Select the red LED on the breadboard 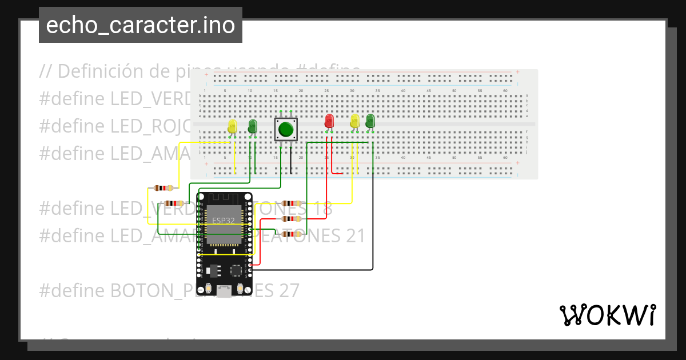(x=329, y=121)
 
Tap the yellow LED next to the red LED (x=355, y=121)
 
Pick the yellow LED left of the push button (x=232, y=127)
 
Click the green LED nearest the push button (x=253, y=127)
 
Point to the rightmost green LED (x=370, y=121)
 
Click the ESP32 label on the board (x=223, y=221)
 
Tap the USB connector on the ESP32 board (x=225, y=291)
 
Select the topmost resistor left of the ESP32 (x=164, y=188)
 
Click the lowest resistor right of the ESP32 (x=292, y=234)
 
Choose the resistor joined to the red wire (x=292, y=218)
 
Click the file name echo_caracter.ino (x=140, y=26)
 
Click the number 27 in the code (x=289, y=290)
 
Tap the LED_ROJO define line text (x=114, y=126)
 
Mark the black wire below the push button (x=291, y=160)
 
